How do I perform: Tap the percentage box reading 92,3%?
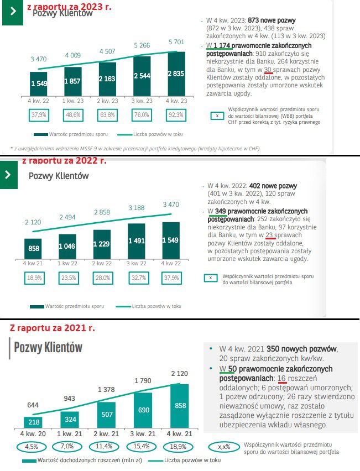pos(177,115)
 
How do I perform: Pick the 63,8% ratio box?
pos(108,115)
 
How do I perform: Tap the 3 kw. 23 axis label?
pos(143,101)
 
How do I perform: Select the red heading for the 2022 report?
pos(64,161)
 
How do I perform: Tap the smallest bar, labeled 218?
pos(33,422)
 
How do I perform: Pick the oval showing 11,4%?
pos(107,446)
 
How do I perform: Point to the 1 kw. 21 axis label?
pos(70,435)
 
